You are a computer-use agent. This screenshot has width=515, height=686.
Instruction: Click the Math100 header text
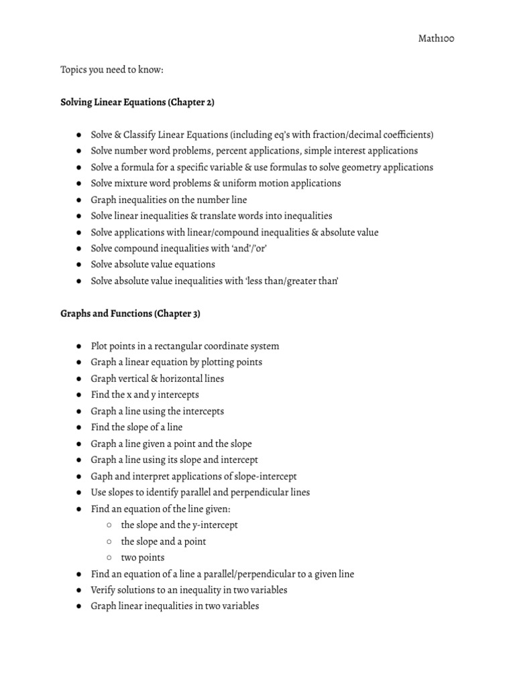(x=437, y=39)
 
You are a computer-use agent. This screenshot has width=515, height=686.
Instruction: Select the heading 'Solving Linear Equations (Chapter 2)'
(x=137, y=102)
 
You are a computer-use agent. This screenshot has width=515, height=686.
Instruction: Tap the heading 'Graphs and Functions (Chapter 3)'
(x=130, y=314)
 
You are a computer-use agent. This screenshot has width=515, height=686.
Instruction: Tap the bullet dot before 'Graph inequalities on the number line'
(x=79, y=200)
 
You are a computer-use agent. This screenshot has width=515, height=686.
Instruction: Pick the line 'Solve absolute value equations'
(x=153, y=265)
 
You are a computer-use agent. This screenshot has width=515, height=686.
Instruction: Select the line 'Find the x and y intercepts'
(x=145, y=395)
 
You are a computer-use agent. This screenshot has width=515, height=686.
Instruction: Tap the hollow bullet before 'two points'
(x=109, y=557)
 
